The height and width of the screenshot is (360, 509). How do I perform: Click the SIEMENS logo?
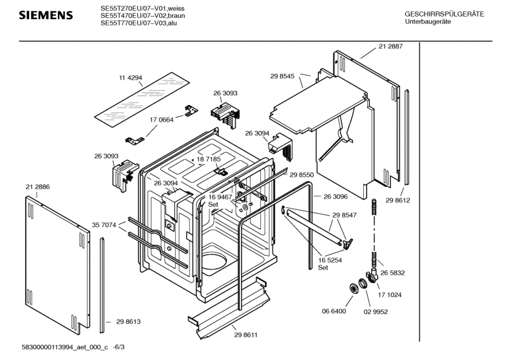pos(41,15)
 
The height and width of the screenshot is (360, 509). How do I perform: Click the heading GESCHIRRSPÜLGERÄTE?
pos(444,14)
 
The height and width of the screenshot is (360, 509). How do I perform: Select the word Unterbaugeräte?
pos(427,22)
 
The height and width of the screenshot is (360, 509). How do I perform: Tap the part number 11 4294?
pos(130,78)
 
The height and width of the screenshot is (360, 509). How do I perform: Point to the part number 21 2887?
pos(391,46)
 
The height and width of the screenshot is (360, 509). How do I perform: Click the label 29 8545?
pos(282,76)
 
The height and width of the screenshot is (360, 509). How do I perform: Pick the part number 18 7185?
pos(209,159)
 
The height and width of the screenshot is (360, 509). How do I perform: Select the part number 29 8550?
pos(302,174)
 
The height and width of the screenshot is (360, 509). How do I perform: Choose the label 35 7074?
pos(105,225)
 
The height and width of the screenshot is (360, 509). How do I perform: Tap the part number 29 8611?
pos(246,335)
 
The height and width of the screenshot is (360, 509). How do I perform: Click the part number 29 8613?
pos(128,322)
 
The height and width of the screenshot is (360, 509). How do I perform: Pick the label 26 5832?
pos(393,272)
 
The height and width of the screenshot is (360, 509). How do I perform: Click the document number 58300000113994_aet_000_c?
pos(65,347)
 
